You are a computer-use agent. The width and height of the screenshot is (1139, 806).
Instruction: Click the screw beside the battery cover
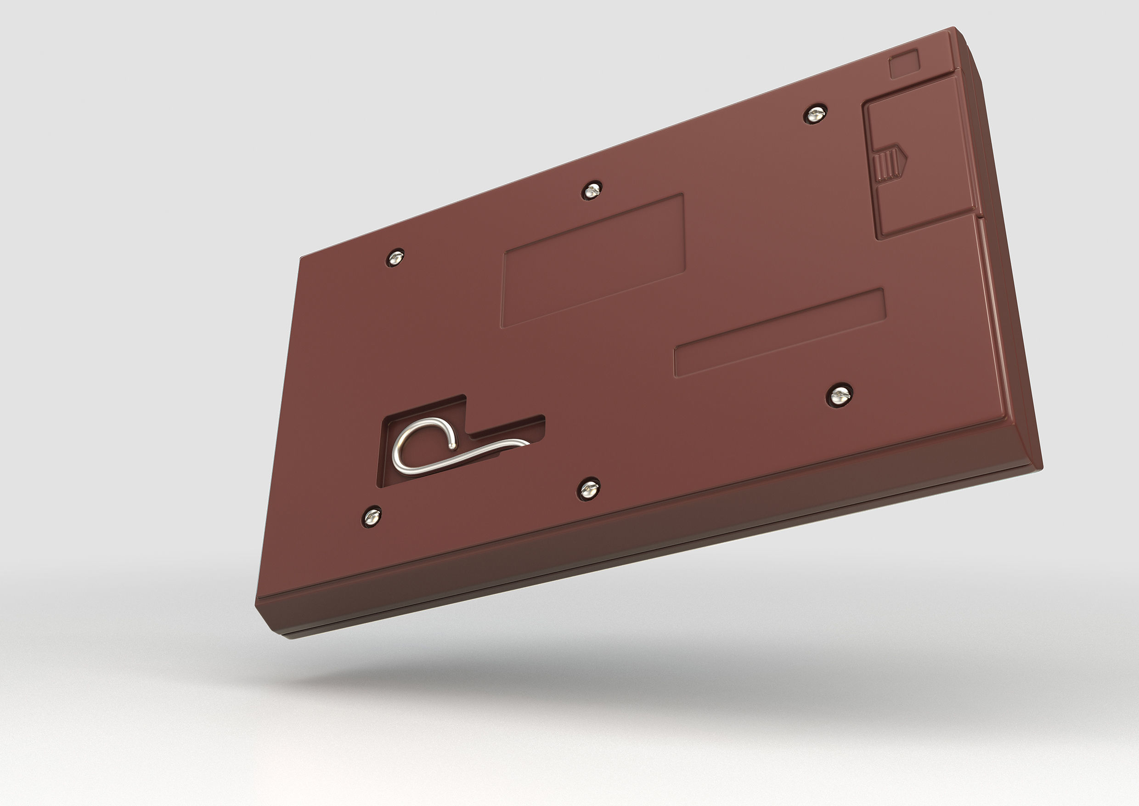coord(815,114)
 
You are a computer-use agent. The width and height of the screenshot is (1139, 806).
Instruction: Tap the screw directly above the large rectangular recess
coord(590,190)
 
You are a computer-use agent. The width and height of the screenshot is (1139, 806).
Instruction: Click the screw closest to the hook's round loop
coord(372,517)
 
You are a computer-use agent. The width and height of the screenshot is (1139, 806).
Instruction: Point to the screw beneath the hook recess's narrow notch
coord(589,489)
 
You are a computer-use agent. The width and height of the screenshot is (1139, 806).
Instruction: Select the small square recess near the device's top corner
coord(904,64)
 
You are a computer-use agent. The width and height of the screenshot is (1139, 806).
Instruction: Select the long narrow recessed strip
coord(780,333)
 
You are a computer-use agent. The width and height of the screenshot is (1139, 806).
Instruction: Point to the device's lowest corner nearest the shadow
coord(290,637)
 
